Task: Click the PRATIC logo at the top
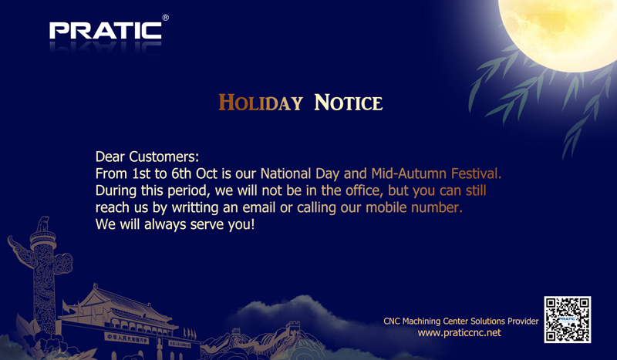pos(106,31)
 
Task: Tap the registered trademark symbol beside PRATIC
pos(166,18)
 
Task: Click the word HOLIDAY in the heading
pos(261,103)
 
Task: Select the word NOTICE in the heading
pos(349,103)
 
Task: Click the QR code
pos(568,319)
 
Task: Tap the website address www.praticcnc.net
pos(459,333)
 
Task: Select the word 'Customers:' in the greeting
pos(164,156)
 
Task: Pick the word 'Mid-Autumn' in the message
pos(409,173)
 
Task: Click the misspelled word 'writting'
pos(195,207)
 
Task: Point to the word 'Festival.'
pos(476,173)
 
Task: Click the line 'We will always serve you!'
pos(175,224)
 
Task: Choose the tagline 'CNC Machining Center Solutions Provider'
pos(461,321)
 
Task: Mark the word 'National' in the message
pos(285,173)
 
